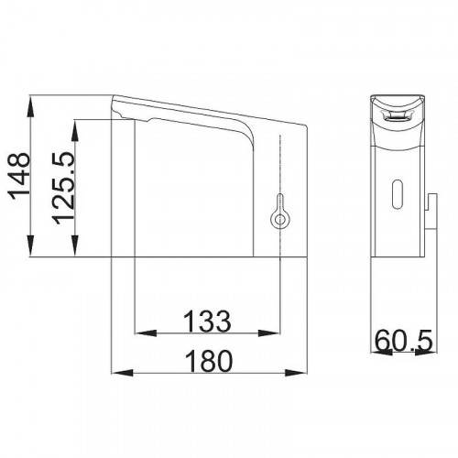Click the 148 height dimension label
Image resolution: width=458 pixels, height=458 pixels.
click(x=20, y=176)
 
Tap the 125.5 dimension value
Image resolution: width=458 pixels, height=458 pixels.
click(x=63, y=188)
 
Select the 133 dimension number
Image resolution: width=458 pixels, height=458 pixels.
click(x=207, y=321)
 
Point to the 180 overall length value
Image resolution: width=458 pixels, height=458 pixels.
click(x=209, y=361)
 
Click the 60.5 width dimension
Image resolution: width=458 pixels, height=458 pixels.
click(x=404, y=341)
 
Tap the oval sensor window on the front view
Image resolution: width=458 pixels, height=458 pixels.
click(x=398, y=194)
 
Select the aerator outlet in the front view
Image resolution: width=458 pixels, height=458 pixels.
click(x=397, y=115)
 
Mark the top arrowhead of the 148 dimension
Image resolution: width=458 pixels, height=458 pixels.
click(x=30, y=105)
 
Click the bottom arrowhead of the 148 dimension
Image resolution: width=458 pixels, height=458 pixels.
click(x=30, y=246)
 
